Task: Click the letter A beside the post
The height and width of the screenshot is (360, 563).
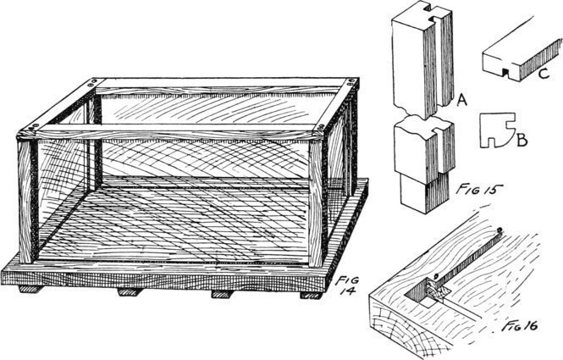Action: pyautogui.click(x=462, y=102)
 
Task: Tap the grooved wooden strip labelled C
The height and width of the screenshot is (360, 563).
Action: pyautogui.click(x=514, y=60)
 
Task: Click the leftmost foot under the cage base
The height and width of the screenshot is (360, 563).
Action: pyautogui.click(x=30, y=289)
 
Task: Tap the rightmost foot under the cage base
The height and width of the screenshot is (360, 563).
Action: pyautogui.click(x=311, y=294)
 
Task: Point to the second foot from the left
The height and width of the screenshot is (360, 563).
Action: pyautogui.click(x=130, y=291)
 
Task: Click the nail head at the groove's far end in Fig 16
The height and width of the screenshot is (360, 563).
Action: pyautogui.click(x=500, y=230)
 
